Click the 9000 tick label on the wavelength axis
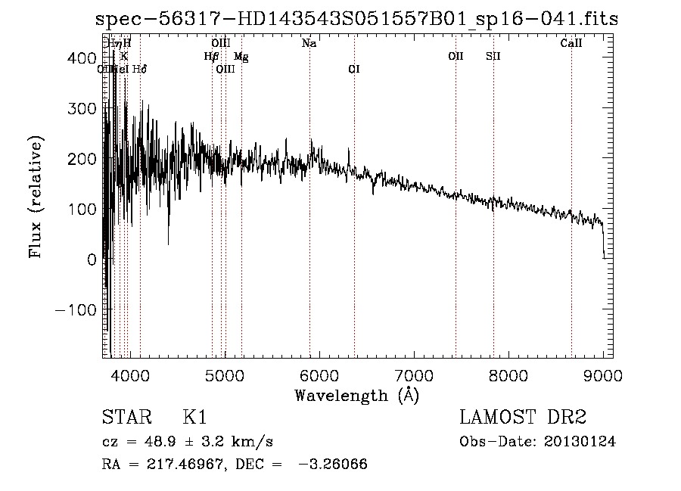(x=603, y=375)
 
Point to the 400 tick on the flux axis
(x=86, y=58)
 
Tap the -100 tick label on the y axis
(x=75, y=310)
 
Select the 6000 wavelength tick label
(x=319, y=375)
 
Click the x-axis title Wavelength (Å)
(x=356, y=395)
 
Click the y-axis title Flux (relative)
(x=36, y=196)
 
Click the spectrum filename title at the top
(x=356, y=19)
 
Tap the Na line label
(x=309, y=44)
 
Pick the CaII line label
(x=571, y=44)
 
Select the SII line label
(x=493, y=56)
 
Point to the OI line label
(x=353, y=69)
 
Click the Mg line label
(x=240, y=56)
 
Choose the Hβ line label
(x=211, y=56)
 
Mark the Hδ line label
(x=139, y=69)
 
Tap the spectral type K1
(x=194, y=418)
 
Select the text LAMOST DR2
(x=523, y=418)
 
